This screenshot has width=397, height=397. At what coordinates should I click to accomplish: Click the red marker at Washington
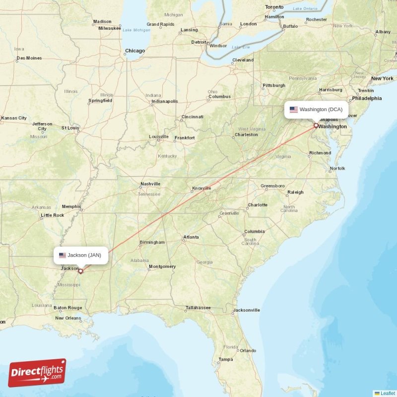coord(316,126)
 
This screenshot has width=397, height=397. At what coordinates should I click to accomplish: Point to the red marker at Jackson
coord(80,271)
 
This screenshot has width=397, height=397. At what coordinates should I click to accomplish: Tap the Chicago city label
coord(135,51)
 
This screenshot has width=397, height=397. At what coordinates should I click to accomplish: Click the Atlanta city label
coord(191,238)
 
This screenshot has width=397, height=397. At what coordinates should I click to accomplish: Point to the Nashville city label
coord(150,184)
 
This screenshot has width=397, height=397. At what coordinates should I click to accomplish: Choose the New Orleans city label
coord(68,318)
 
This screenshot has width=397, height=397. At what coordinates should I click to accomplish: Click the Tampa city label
coord(225,359)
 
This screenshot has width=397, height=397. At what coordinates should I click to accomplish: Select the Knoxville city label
coord(201,188)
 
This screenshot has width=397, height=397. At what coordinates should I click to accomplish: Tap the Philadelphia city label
coord(367,98)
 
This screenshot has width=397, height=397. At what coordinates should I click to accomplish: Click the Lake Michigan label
coord(136,30)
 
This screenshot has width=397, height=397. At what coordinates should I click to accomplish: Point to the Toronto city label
coord(274,7)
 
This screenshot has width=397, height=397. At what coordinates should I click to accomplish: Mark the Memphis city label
coord(71,206)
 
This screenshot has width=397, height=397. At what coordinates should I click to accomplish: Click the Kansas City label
coord(14,118)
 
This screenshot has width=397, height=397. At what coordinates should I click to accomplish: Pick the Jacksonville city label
coord(246,310)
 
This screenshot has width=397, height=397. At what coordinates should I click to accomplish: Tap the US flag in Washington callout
coord(294,110)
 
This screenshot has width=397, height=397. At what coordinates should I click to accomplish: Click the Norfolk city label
coord(337,169)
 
